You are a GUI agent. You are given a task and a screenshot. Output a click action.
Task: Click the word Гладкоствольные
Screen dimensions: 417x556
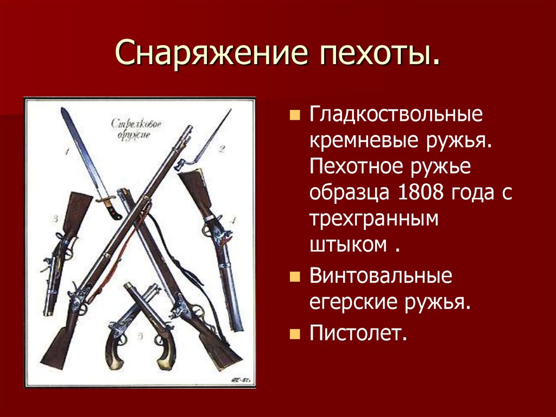(388, 116)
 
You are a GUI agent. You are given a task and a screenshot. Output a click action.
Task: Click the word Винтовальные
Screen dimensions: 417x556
(381, 276)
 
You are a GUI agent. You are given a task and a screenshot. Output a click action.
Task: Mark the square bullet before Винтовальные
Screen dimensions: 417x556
(294, 277)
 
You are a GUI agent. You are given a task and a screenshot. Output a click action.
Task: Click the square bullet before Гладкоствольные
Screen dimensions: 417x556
(294, 116)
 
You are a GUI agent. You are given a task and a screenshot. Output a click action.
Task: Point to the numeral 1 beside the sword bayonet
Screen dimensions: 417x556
(67, 152)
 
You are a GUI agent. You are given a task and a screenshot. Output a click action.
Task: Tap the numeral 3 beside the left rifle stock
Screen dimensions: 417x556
(55, 220)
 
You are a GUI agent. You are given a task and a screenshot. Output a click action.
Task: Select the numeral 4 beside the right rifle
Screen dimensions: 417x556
(233, 220)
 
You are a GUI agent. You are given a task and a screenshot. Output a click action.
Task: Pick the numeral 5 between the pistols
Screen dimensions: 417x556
(140, 337)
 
